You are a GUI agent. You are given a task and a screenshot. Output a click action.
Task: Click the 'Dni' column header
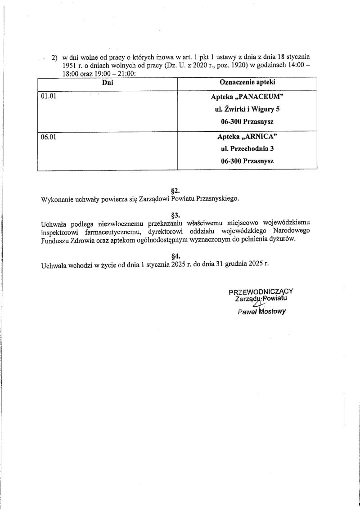[107, 83]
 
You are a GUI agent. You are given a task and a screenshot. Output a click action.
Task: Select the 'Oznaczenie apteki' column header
[247, 83]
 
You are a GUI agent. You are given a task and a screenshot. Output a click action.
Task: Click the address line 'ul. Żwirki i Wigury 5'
[247, 109]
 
